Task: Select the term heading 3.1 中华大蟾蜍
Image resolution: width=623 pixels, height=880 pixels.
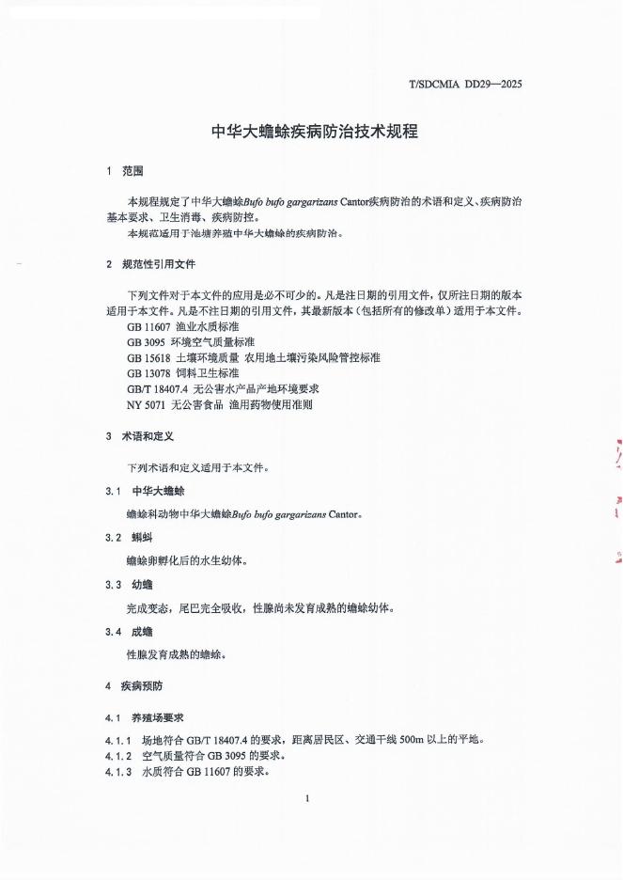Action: click(145, 492)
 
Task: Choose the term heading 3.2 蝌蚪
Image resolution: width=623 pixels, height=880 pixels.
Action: click(132, 538)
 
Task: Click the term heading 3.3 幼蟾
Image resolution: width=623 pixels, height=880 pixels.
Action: click(132, 585)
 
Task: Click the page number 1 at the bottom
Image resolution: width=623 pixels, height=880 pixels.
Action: click(307, 798)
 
